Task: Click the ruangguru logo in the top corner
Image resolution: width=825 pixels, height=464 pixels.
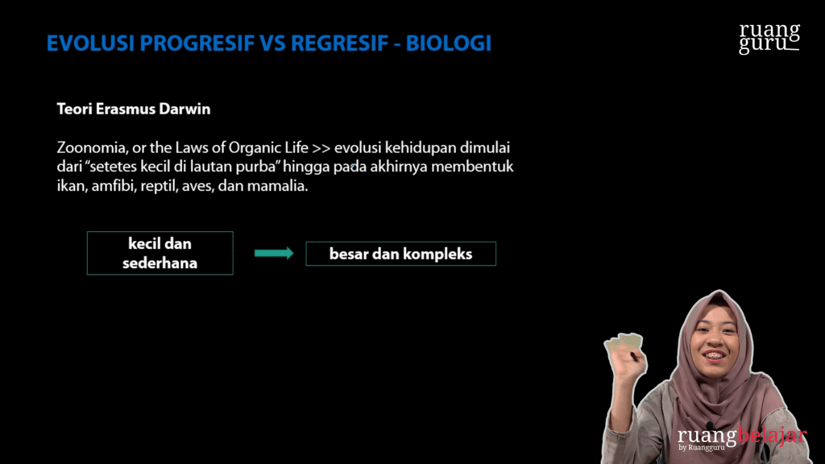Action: [769, 38]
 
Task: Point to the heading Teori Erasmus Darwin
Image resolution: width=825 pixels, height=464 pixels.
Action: [133, 109]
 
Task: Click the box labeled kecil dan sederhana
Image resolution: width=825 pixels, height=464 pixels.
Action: [160, 253]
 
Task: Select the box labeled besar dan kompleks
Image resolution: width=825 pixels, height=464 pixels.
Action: [400, 254]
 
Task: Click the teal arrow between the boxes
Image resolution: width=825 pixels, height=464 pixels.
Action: [273, 253]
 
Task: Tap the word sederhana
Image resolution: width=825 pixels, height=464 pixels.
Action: [160, 263]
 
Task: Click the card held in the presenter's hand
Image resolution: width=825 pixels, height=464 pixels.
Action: [623, 343]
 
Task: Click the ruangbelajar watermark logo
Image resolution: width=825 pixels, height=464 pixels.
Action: [741, 437]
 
